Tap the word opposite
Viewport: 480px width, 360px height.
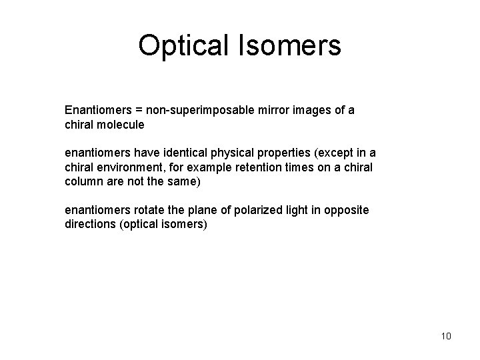[346, 210]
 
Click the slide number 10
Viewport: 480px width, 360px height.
[445, 336]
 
